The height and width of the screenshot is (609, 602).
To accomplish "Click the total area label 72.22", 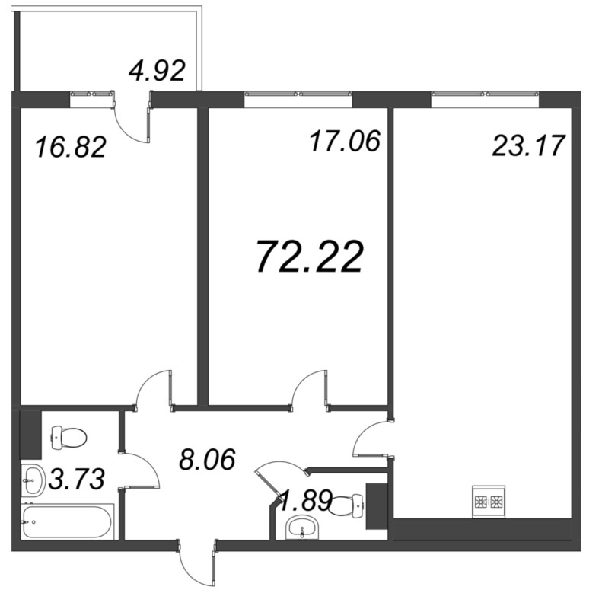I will tap(309, 257).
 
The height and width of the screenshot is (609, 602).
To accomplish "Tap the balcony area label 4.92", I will tap(158, 71).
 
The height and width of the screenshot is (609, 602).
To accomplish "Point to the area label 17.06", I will tap(345, 141).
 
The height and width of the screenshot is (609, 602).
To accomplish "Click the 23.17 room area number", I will tap(527, 145).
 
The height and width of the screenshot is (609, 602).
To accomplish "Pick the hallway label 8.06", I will tap(205, 459).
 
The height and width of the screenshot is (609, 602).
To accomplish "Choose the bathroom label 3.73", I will tap(76, 479).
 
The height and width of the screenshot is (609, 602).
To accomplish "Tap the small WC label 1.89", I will tap(304, 500).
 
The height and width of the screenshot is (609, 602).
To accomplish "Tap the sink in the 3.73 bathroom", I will tap(32, 479).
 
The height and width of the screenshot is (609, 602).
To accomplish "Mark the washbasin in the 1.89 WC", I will tap(304, 528).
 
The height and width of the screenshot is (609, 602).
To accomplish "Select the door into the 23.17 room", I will tap(372, 439).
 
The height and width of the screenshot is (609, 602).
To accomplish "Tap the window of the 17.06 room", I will tap(299, 95).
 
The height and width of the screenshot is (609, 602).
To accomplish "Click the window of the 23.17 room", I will tap(485, 95).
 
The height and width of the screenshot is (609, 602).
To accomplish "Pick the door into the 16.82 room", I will tap(154, 389).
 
